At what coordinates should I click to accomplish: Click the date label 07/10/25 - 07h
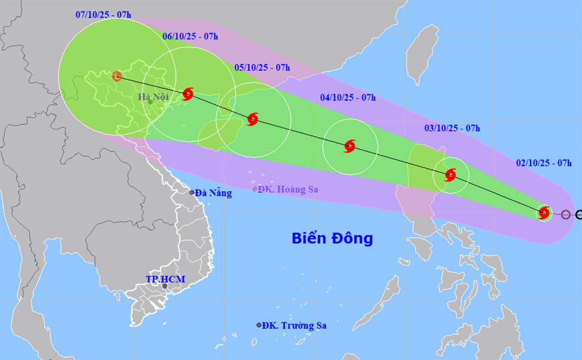tap(103, 14)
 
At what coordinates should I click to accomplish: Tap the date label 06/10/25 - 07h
tap(190, 36)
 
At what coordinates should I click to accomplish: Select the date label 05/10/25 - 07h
tap(262, 67)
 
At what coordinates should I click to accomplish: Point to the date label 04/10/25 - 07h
tap(348, 98)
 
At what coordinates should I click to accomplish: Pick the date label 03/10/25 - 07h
tap(452, 128)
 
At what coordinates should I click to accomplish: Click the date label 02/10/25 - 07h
tap(543, 164)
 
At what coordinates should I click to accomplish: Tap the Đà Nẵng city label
tap(213, 193)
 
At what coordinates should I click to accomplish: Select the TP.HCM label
tap(165, 279)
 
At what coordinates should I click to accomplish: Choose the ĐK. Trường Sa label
tap(294, 326)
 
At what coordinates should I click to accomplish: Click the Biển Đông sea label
tap(332, 238)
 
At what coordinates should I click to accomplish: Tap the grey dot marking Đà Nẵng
tap(192, 193)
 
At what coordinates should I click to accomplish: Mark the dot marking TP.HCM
tap(165, 286)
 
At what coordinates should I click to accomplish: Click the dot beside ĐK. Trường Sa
tap(259, 325)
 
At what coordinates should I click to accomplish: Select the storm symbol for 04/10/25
tap(350, 146)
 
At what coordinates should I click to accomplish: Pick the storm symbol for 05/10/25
tap(252, 119)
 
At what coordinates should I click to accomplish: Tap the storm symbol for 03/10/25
tap(451, 175)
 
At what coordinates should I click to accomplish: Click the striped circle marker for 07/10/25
tap(117, 76)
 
